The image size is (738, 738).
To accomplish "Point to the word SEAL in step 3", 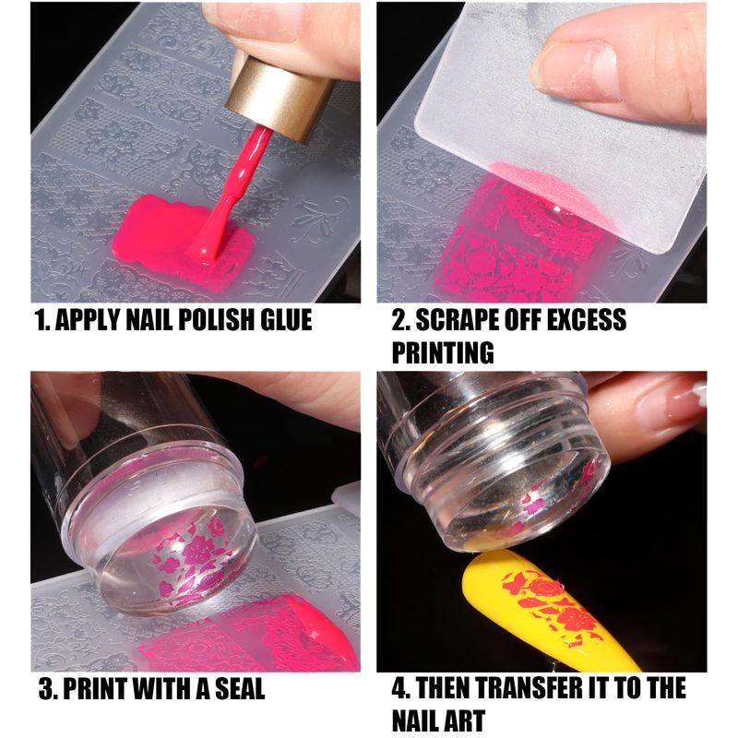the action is click(240, 688).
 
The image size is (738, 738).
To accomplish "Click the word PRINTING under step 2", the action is click(443, 352).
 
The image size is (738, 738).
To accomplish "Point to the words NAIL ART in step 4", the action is click(438, 720).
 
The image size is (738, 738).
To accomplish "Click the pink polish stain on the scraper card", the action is click(550, 193).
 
